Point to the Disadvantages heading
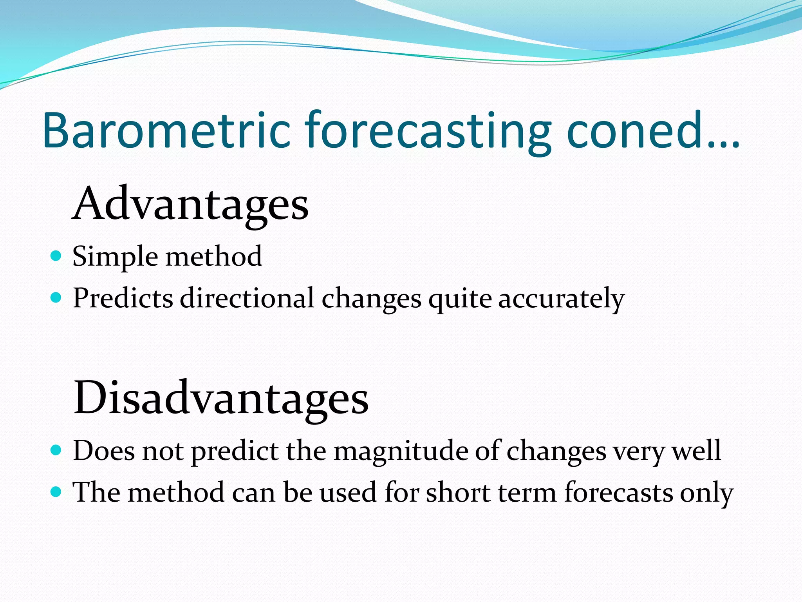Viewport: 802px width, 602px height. point(221,398)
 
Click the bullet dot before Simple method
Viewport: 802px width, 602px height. point(56,256)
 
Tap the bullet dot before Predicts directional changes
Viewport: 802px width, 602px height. point(56,298)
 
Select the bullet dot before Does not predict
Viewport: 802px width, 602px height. point(56,450)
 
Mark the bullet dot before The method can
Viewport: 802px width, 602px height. point(56,491)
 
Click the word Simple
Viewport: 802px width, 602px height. point(115,257)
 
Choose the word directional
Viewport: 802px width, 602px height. point(247,298)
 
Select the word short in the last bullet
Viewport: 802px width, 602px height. point(457,492)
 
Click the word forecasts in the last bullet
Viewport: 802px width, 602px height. point(619,492)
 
